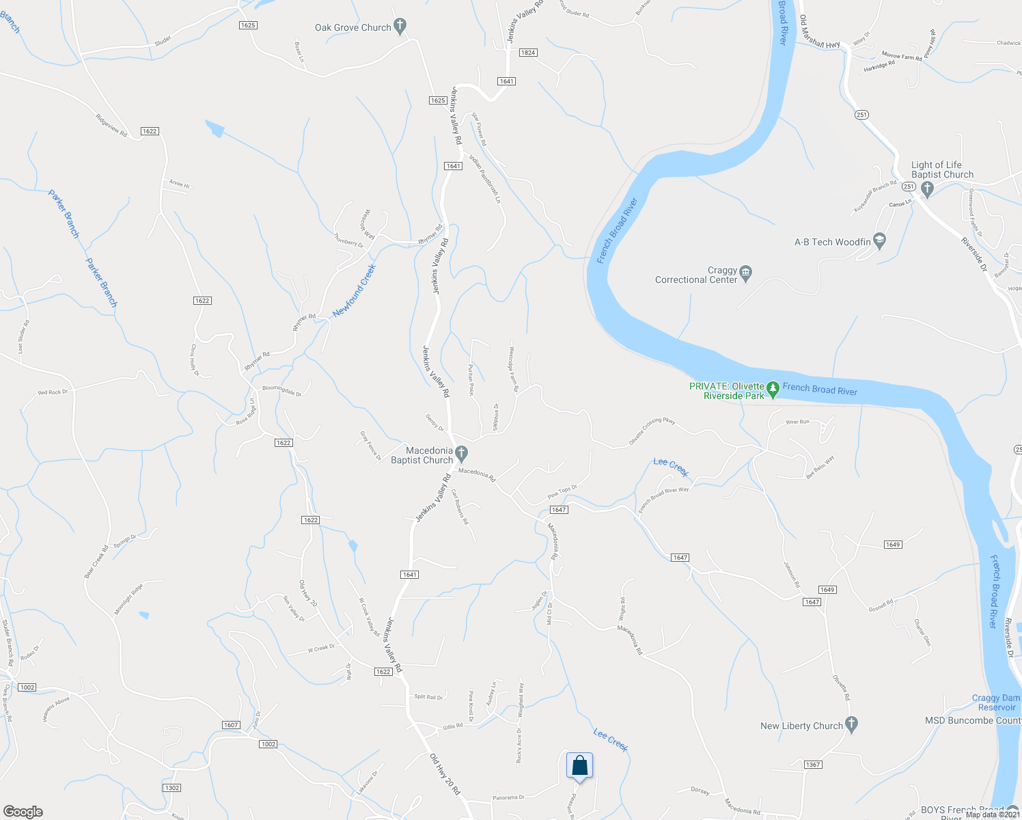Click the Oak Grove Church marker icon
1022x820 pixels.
coord(400,27)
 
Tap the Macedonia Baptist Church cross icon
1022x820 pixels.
coord(461,452)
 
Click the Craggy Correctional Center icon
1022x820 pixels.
coord(746,272)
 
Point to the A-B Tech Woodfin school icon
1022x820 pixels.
coord(879,241)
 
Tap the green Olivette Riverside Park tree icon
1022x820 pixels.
coord(773,389)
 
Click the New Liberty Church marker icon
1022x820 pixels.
coord(851,724)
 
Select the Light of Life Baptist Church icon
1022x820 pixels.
coord(927,189)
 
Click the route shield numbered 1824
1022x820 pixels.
coord(528,53)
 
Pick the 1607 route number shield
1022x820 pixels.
coord(231,725)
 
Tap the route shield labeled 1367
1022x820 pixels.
coord(812,765)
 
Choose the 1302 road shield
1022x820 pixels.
coord(172,788)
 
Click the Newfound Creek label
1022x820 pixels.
coord(354,290)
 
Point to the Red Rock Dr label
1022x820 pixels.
coord(54,392)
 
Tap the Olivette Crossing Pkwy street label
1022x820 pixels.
coord(652,431)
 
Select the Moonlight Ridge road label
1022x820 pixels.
coord(128,599)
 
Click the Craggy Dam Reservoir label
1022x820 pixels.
coord(996,702)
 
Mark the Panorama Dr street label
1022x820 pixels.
coord(508,797)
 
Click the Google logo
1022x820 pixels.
coord(23,811)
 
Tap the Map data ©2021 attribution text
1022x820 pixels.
coord(992,814)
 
